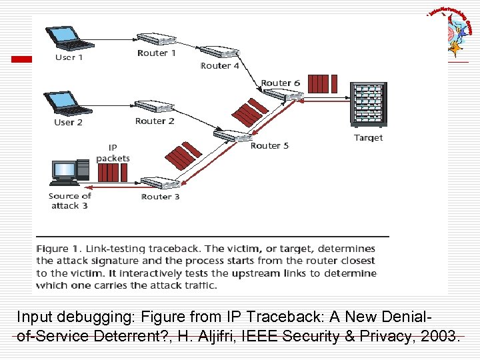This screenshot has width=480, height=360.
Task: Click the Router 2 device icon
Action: coord(154,107)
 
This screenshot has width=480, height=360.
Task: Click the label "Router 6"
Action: coord(281,83)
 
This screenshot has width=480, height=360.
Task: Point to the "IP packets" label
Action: coord(113,153)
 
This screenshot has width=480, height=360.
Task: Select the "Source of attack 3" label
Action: coord(69,201)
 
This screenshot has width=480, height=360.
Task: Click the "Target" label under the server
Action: coord(368,137)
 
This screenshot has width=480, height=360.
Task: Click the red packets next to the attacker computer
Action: coord(108,173)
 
